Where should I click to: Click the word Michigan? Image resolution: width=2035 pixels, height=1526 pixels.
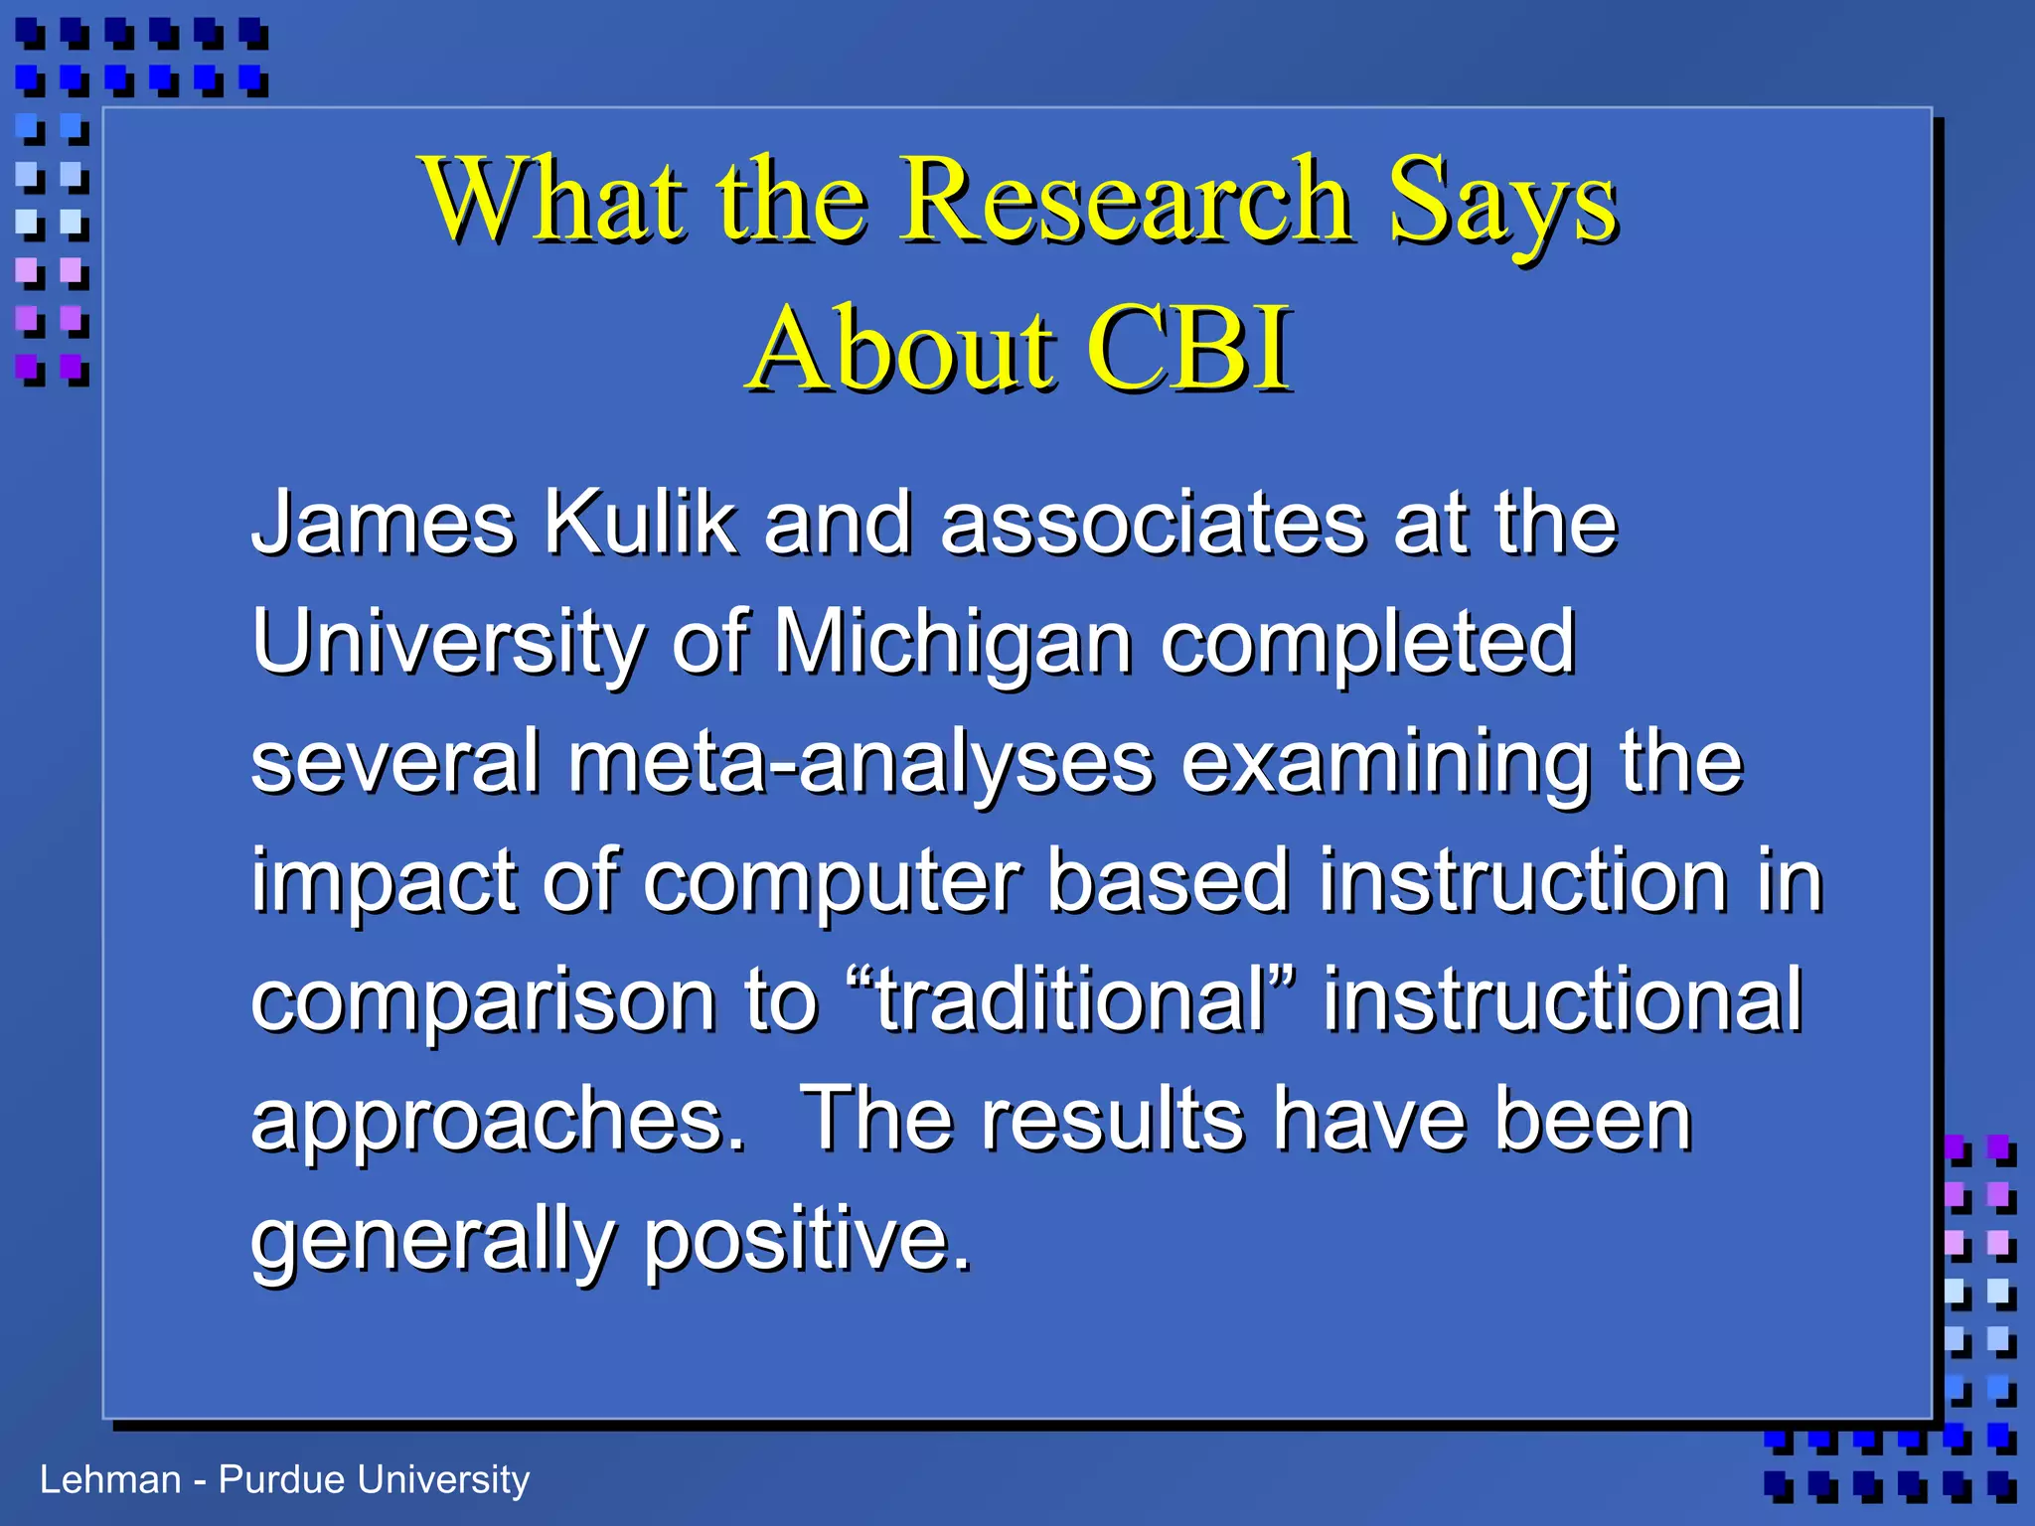(953, 644)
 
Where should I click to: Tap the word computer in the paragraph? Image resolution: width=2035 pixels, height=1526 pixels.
(832, 882)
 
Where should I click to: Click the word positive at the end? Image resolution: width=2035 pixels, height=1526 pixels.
(806, 1240)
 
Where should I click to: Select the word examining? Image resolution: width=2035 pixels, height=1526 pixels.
(1386, 763)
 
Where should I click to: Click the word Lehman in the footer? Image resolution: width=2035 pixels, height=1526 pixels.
(110, 1479)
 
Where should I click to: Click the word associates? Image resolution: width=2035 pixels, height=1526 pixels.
(1153, 524)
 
